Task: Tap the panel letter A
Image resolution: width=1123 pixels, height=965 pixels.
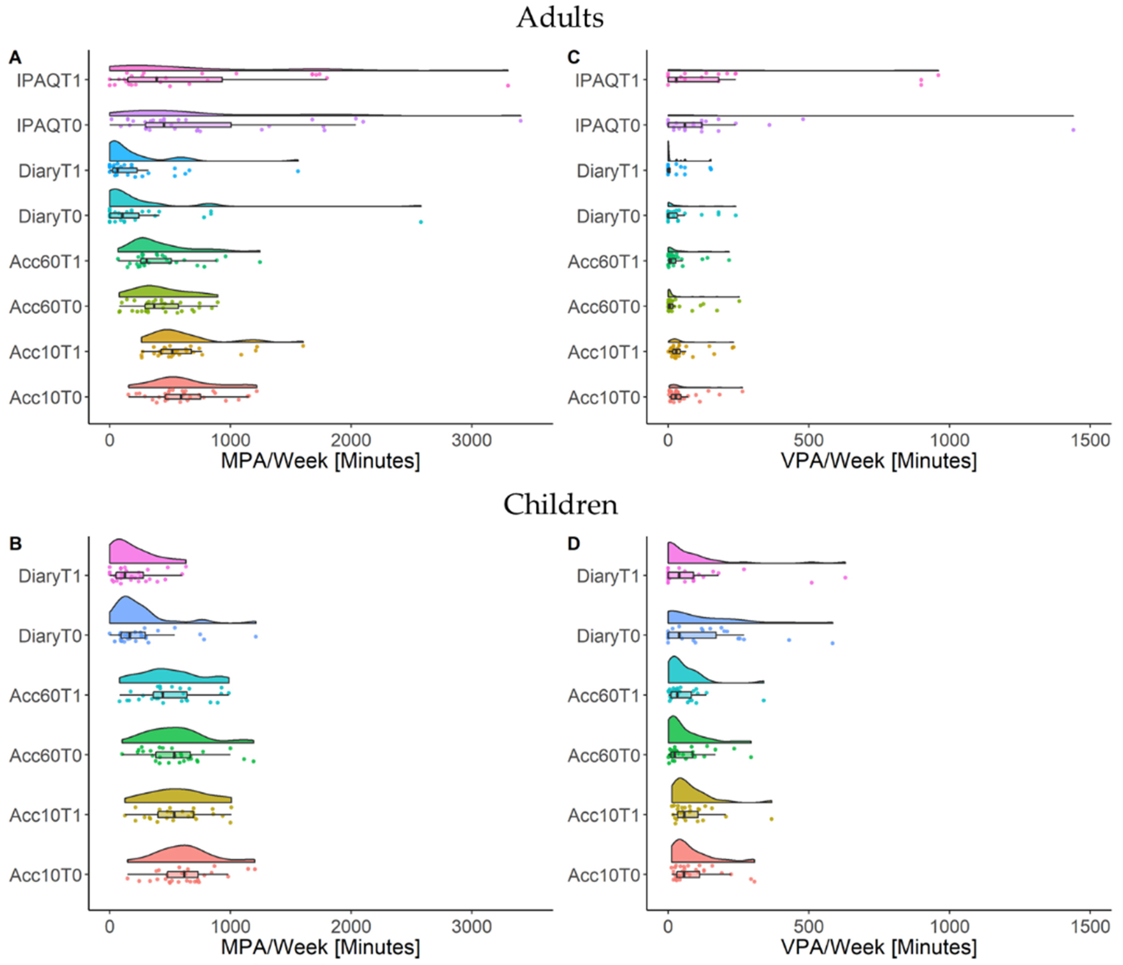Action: point(15,57)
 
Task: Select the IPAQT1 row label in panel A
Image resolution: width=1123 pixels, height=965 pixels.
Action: point(49,80)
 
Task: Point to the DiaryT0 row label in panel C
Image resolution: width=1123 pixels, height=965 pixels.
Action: point(608,216)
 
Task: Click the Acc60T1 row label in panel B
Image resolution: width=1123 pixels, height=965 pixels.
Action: point(46,696)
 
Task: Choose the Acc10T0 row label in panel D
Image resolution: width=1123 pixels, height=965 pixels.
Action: point(604,875)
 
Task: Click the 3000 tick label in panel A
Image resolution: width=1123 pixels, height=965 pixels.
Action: point(472,440)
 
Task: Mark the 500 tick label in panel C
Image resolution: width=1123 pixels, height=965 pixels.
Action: point(809,440)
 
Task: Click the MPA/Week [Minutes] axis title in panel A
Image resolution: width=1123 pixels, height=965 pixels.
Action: point(320,461)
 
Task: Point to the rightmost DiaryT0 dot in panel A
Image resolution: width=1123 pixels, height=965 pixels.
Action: point(421,222)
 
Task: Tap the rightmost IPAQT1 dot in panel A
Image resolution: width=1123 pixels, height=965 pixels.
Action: point(508,85)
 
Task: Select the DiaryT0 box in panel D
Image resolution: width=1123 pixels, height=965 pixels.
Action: point(692,635)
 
